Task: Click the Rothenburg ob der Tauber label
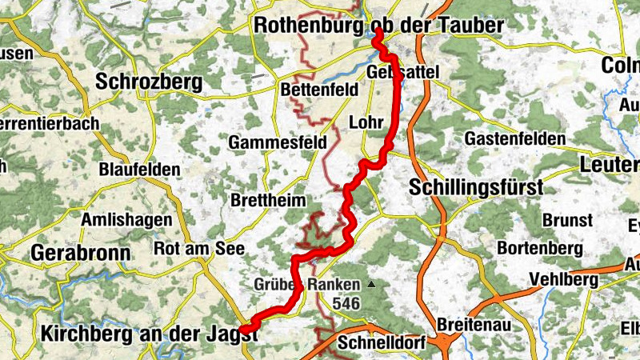click(x=378, y=26)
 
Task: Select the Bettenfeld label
click(x=320, y=90)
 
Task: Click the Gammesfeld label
click(x=278, y=142)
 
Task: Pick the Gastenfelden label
click(x=514, y=138)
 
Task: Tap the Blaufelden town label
click(x=139, y=170)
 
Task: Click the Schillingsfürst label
click(x=475, y=188)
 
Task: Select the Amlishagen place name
click(x=126, y=219)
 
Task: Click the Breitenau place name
click(x=475, y=326)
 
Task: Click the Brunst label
click(x=567, y=219)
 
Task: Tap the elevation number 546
click(x=346, y=303)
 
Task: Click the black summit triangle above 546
click(x=370, y=284)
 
